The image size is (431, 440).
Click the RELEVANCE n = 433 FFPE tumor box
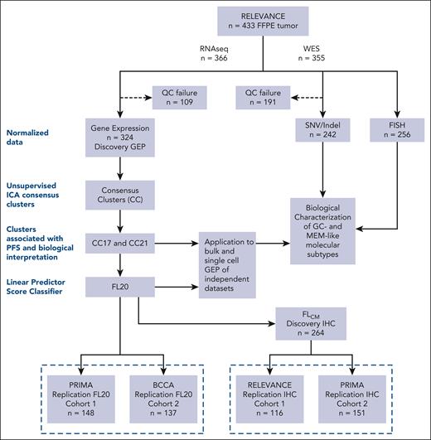263,25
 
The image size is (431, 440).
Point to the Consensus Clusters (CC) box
121,197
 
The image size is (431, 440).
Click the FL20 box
121,288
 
